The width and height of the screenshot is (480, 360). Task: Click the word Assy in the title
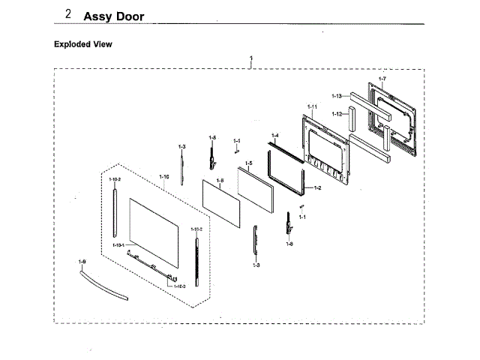point(97,16)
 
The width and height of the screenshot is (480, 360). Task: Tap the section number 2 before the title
point(68,15)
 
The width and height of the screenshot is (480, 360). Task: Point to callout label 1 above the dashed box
point(251,58)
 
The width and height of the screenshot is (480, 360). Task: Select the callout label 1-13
point(337,96)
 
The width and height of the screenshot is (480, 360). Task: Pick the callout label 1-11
point(312,108)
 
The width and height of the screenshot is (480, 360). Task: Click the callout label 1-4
point(274,136)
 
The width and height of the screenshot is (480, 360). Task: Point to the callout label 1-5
point(248,163)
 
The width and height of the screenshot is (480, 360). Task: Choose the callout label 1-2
point(317,187)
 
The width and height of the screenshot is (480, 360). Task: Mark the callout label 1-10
point(164,177)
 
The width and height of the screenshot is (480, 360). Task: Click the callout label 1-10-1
point(118,246)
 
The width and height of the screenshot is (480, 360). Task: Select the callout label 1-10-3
point(180,286)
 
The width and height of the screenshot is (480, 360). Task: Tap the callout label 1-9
point(82,260)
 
